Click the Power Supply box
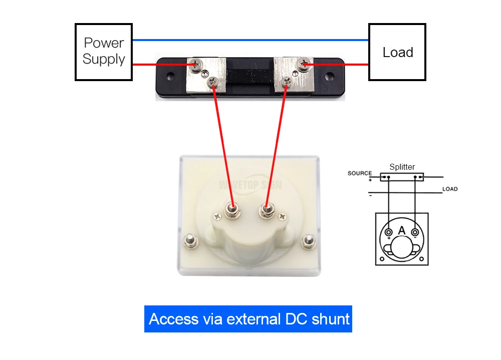click(104, 52)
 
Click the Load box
click(397, 52)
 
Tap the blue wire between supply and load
click(250, 40)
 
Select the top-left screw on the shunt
click(194, 64)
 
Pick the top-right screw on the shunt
click(303, 64)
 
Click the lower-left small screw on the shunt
click(213, 81)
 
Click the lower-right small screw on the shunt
click(288, 81)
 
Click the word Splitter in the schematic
click(402, 167)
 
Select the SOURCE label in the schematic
click(360, 174)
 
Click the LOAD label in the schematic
click(449, 189)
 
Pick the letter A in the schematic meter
click(401, 230)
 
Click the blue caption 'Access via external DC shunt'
click(248, 319)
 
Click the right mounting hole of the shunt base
click(330, 78)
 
